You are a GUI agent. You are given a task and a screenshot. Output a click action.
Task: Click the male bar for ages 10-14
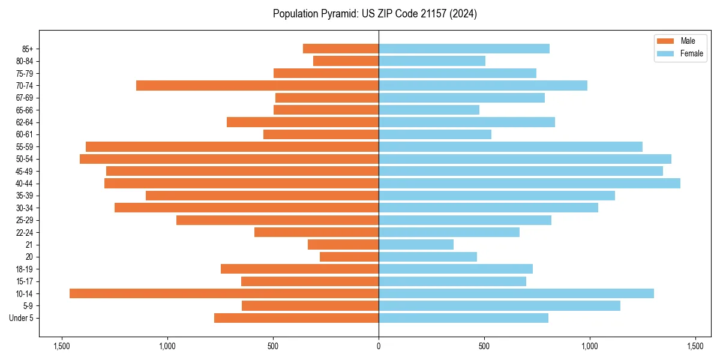[224, 293]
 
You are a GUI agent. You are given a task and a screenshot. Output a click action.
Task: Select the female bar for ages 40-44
[529, 183]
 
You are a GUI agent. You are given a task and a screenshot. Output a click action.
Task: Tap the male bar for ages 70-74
[257, 85]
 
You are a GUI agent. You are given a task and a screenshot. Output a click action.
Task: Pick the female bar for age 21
[416, 244]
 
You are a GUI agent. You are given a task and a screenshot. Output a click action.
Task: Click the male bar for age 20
[349, 257]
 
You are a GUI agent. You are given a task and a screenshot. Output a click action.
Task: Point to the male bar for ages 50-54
[229, 159]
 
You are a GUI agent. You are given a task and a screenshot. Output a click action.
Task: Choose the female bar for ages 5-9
[499, 305]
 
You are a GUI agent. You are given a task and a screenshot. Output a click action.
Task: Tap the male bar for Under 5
[296, 318]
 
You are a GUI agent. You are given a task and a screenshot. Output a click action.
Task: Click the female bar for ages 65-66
[429, 110]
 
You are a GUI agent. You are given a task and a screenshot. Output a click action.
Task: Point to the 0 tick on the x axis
[379, 347]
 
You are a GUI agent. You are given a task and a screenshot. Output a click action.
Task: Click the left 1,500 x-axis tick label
[61, 347]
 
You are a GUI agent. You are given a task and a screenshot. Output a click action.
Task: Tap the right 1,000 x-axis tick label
[590, 347]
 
